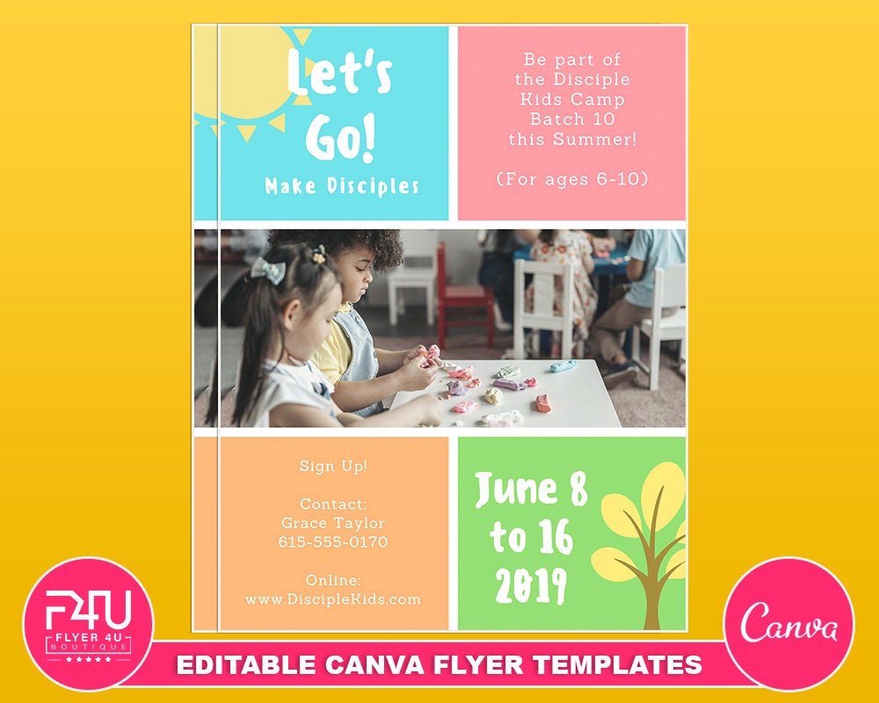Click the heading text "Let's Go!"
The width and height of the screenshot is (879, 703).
[x=339, y=105]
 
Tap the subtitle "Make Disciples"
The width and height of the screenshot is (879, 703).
[x=342, y=186]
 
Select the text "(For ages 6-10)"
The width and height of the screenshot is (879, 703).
[x=572, y=178]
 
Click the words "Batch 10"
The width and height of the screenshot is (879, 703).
[x=572, y=119]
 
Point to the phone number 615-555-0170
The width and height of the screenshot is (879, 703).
[x=332, y=542]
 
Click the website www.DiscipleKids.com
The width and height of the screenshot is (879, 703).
[x=332, y=599]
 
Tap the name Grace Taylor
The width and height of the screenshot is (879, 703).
[x=332, y=523]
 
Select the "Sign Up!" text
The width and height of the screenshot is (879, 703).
[x=332, y=466]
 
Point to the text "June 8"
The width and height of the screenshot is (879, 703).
[x=531, y=489]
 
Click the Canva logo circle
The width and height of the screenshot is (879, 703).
[x=788, y=623]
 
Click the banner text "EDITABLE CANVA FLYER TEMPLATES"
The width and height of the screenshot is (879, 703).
[x=439, y=664]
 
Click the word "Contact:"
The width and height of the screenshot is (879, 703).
[x=332, y=504]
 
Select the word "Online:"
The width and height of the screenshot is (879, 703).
[x=332, y=580]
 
